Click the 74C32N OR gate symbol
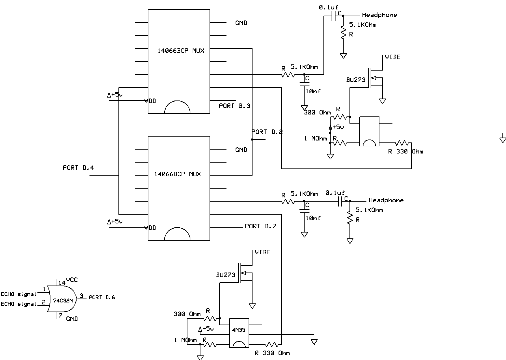pyautogui.click(x=62, y=299)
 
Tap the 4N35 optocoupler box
pyautogui.click(x=239, y=333)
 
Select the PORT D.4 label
pyautogui.click(x=78, y=168)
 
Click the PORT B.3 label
pyautogui.click(x=235, y=106)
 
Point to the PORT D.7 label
pyautogui.click(x=260, y=226)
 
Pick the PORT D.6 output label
pyautogui.click(x=102, y=297)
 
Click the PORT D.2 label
pyautogui.click(x=267, y=132)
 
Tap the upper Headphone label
pyautogui.click(x=379, y=15)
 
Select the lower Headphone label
pyautogui.click(x=386, y=200)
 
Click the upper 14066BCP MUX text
pyautogui.click(x=181, y=50)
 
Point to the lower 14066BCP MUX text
pyautogui.click(x=178, y=174)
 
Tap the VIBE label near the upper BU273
pyautogui.click(x=393, y=57)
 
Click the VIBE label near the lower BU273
pyautogui.click(x=263, y=252)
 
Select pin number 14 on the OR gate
pyautogui.click(x=62, y=283)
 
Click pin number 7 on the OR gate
pyautogui.click(x=60, y=315)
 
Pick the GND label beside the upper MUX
pyautogui.click(x=241, y=23)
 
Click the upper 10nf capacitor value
pyautogui.click(x=313, y=91)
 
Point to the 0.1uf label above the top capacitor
pyautogui.click(x=328, y=7)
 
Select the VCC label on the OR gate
pyautogui.click(x=72, y=280)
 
